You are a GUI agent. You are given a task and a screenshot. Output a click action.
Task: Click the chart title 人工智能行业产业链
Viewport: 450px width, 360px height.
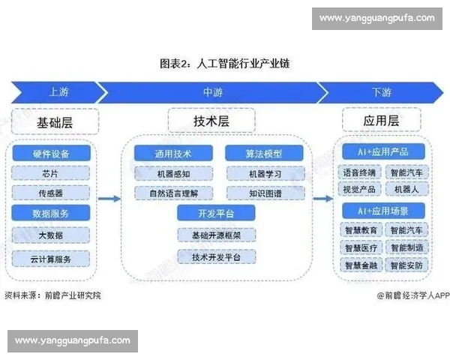click(225, 64)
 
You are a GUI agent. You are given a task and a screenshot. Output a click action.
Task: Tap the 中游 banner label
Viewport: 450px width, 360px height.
click(212, 92)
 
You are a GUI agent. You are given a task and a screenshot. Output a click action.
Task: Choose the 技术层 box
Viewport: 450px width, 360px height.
click(211, 120)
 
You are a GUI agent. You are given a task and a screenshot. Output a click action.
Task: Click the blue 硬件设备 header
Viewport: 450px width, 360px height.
click(51, 153)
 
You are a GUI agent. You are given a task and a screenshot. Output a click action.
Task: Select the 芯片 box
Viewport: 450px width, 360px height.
click(51, 172)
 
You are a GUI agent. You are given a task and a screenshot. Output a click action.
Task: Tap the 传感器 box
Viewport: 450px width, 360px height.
click(51, 192)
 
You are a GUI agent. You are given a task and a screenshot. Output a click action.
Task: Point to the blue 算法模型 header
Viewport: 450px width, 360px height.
click(264, 153)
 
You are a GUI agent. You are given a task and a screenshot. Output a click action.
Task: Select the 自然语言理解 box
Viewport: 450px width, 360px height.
click(173, 192)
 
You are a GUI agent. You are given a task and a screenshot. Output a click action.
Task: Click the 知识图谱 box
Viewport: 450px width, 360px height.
click(264, 192)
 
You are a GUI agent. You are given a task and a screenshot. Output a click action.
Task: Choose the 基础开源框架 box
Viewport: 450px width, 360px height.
click(216, 235)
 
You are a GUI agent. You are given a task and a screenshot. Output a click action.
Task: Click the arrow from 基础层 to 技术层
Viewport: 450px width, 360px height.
click(109, 199)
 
